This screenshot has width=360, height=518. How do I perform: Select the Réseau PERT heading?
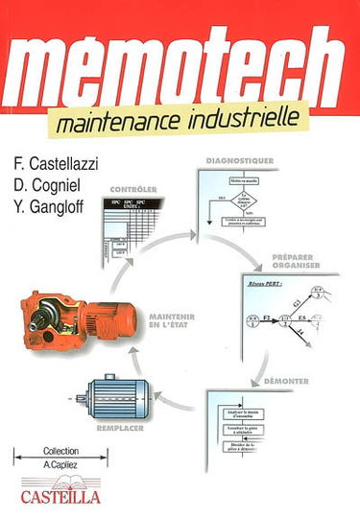(x=258, y=284)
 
